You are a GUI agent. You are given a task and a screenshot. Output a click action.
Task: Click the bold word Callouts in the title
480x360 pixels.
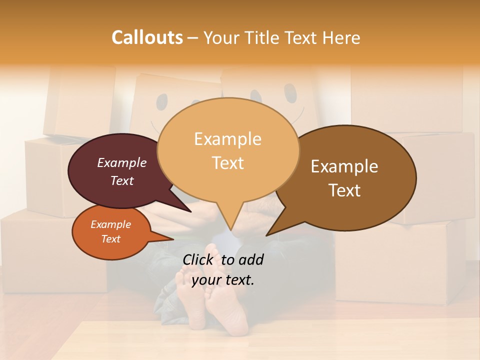pos(147,37)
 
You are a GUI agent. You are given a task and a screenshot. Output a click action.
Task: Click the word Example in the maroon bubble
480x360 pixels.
pos(121,162)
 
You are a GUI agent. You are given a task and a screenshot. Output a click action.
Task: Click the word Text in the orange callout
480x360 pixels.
pos(110,239)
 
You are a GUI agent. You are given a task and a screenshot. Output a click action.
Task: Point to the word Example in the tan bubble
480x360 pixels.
pos(227,139)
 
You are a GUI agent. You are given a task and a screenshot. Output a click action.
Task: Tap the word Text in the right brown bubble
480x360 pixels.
pos(345,190)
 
